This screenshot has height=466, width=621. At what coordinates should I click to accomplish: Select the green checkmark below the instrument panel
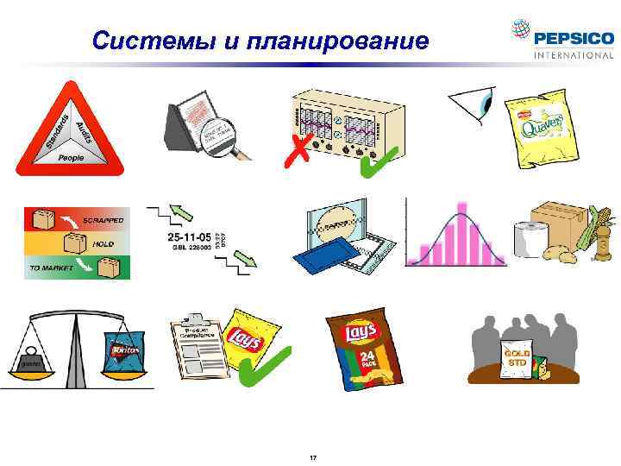373,163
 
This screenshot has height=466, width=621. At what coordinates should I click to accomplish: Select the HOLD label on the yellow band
103,244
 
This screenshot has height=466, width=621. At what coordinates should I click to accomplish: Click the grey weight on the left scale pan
34,359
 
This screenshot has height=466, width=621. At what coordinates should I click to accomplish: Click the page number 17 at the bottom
312,455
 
